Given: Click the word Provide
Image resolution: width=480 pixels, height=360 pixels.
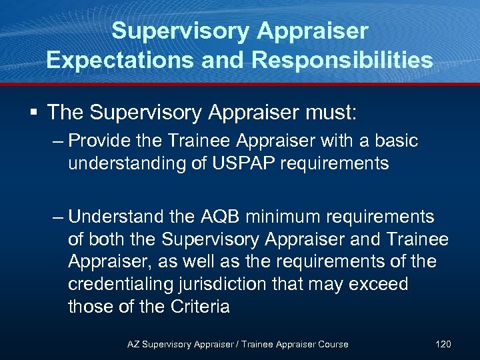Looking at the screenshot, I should [x=103, y=141].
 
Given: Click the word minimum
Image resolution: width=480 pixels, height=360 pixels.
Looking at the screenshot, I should [x=291, y=217].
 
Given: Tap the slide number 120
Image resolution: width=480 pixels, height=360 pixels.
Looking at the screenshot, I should [x=443, y=344].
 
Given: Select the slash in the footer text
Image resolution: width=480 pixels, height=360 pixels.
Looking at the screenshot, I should [x=235, y=344].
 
